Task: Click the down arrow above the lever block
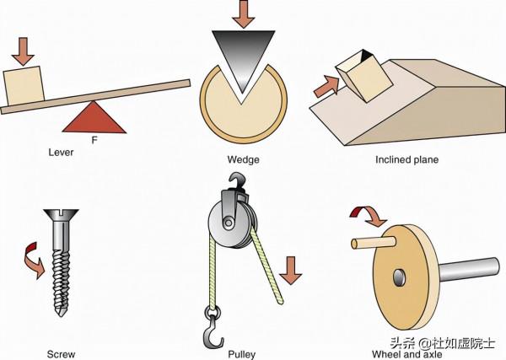click(x=24, y=47)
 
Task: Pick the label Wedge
click(x=243, y=159)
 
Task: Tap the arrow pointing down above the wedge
click(x=243, y=13)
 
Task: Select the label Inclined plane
click(x=407, y=159)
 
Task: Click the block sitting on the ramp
click(x=360, y=77)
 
